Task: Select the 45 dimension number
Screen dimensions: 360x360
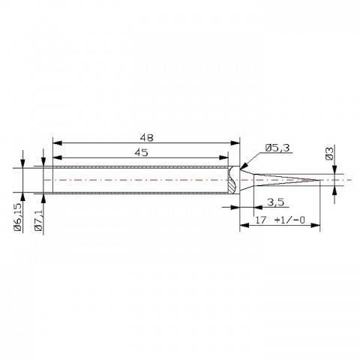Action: (x=142, y=152)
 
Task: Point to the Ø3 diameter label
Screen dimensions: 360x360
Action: (x=328, y=154)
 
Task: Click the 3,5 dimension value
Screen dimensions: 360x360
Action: (x=275, y=202)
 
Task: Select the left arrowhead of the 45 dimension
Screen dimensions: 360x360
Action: (x=56, y=157)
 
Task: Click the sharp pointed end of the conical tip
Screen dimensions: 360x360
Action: (x=320, y=181)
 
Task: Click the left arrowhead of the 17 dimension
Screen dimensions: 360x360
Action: (x=242, y=225)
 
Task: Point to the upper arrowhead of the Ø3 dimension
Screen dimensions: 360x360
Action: (x=335, y=175)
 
